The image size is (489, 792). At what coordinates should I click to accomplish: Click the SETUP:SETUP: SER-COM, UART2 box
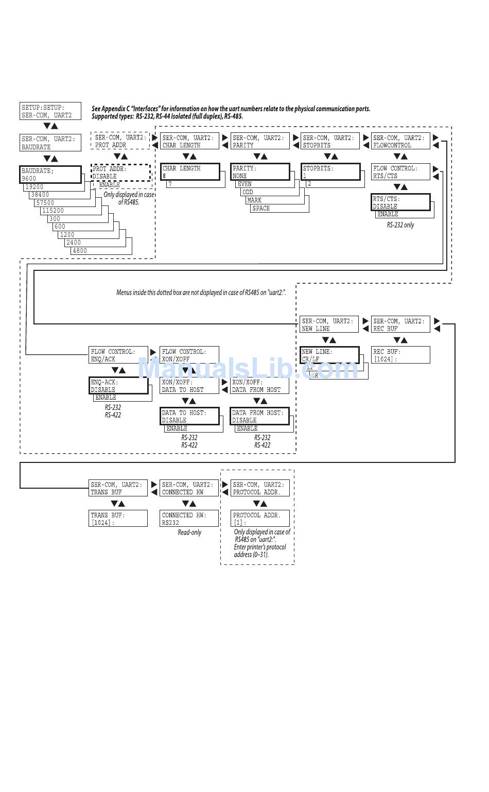(x=50, y=111)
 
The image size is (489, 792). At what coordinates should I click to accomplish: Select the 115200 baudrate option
(x=54, y=211)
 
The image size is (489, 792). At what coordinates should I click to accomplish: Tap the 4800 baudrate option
(x=80, y=251)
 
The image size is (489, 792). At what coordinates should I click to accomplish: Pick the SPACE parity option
(x=261, y=209)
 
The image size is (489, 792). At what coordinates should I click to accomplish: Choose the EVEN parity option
(x=244, y=184)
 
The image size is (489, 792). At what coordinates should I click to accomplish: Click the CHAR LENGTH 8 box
(x=190, y=172)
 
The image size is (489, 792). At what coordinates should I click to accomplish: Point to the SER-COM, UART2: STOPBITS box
(x=330, y=142)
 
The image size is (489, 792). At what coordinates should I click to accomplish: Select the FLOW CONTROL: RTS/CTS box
(x=400, y=172)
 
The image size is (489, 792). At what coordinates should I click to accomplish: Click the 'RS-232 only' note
(x=400, y=225)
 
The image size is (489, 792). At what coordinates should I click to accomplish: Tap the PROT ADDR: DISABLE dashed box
(x=121, y=173)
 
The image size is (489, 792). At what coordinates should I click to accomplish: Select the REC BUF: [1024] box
(x=400, y=355)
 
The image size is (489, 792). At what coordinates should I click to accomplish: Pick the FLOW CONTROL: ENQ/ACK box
(x=118, y=355)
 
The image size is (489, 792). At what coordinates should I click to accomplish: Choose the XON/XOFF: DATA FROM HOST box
(x=259, y=386)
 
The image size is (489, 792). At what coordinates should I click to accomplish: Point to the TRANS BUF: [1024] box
(x=118, y=519)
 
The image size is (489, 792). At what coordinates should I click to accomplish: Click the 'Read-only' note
(x=189, y=532)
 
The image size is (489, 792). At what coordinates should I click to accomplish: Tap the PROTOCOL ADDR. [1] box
(x=260, y=519)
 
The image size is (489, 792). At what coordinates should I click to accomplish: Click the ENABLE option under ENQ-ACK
(x=106, y=398)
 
